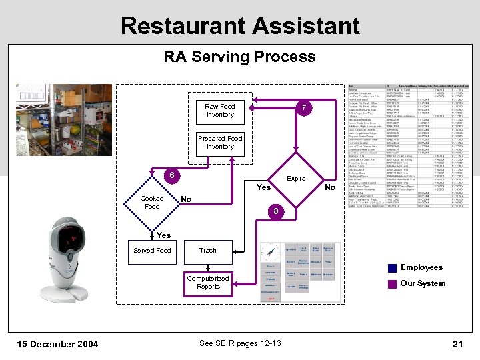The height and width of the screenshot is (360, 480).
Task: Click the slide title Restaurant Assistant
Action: [x=240, y=25]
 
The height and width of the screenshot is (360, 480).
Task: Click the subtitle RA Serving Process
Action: [x=240, y=57]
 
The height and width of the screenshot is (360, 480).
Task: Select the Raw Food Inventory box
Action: [x=220, y=110]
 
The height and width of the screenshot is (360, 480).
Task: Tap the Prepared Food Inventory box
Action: [x=220, y=142]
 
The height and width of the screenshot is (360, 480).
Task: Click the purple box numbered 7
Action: [x=303, y=108]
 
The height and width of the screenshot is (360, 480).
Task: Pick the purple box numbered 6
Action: [x=172, y=175]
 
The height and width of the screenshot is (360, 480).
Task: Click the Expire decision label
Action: [x=296, y=179]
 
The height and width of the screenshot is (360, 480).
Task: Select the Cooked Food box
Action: [x=152, y=202]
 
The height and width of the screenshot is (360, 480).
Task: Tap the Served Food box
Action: [x=152, y=251]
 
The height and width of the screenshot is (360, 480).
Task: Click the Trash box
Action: [x=208, y=251]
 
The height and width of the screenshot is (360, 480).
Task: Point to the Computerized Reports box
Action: [x=208, y=282]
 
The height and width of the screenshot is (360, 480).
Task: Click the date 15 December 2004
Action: [x=57, y=344]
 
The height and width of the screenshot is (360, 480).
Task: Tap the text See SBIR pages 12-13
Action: [x=240, y=343]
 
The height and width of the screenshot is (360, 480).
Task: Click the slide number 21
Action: [x=457, y=344]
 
